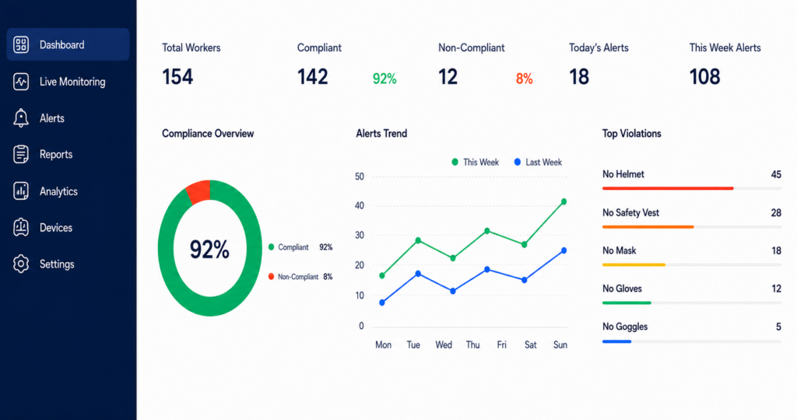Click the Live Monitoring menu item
pyautogui.click(x=60, y=82)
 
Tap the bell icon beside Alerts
pyautogui.click(x=21, y=117)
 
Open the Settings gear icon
pyautogui.click(x=21, y=264)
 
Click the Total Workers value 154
pyautogui.click(x=177, y=77)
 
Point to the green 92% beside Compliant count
pyautogui.click(x=384, y=79)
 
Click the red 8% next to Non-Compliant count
pyautogui.click(x=524, y=79)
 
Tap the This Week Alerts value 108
pyautogui.click(x=704, y=77)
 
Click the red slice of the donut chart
pyautogui.click(x=198, y=191)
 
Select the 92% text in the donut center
pyautogui.click(x=209, y=250)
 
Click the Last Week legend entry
pyautogui.click(x=538, y=163)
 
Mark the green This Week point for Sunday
pyautogui.click(x=564, y=201)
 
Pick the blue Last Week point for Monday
pyautogui.click(x=382, y=303)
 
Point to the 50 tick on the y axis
pyautogui.click(x=360, y=177)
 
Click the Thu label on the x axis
pyautogui.click(x=472, y=345)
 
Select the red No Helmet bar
pyautogui.click(x=668, y=188)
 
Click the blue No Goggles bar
pyautogui.click(x=616, y=341)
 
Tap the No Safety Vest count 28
pyautogui.click(x=776, y=213)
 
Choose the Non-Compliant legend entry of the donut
pyautogui.click(x=300, y=277)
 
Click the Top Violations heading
pyautogui.click(x=632, y=134)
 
